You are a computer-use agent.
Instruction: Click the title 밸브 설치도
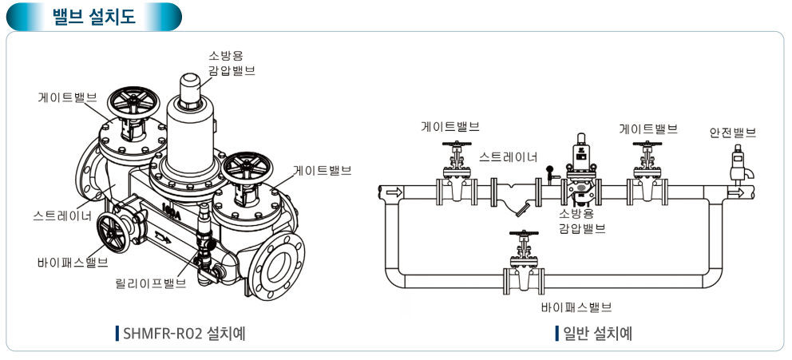93,17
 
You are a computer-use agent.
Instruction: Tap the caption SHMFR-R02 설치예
184,332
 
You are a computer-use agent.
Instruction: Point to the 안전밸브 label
732,133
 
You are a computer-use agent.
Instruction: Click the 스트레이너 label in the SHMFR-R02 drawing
63,216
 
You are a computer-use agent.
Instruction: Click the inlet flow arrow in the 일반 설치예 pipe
393,192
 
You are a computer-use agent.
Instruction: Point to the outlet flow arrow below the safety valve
736,192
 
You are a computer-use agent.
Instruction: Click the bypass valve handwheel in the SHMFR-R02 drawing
113,232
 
